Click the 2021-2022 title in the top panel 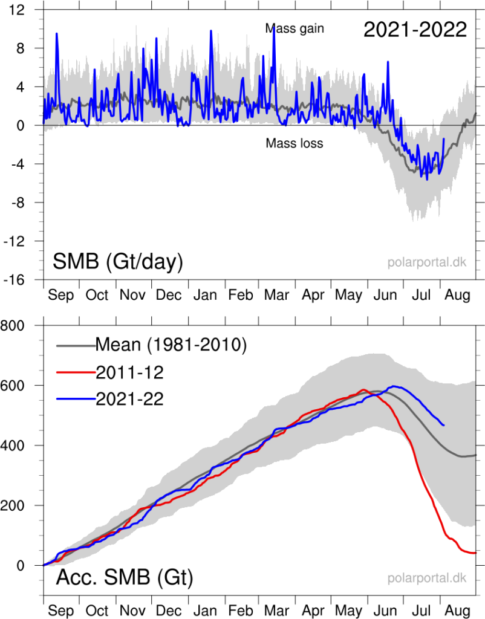point(415,29)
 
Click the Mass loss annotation point(295,143)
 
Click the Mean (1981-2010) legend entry point(171,346)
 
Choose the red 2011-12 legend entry point(130,372)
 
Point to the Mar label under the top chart point(276,296)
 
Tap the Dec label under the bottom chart point(169,611)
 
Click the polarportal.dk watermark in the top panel point(427,263)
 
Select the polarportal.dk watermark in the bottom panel point(427,578)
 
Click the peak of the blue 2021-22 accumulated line point(395,386)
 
